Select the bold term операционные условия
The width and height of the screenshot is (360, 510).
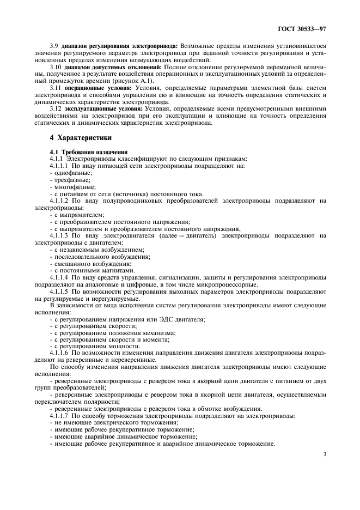pyautogui.click(x=97, y=87)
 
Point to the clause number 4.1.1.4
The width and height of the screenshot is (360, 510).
pyautogui.click(x=60, y=277)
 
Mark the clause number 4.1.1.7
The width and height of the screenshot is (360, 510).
pyautogui.click(x=60, y=416)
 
